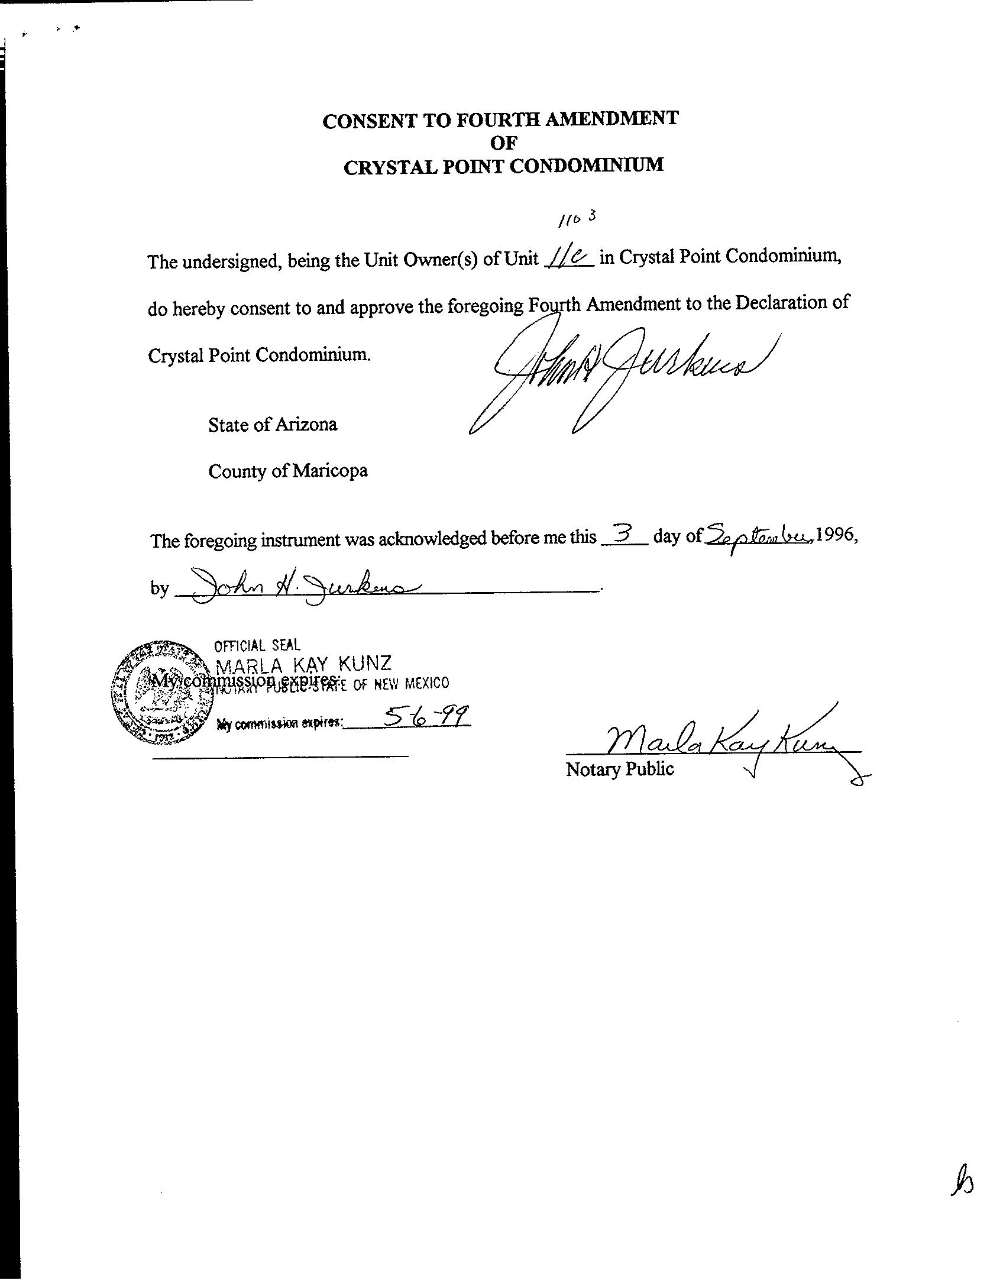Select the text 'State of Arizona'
tap(273, 425)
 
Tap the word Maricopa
tap(330, 471)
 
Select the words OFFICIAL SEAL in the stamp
tap(257, 645)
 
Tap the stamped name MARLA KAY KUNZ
tap(302, 665)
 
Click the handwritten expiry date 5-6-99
tap(426, 717)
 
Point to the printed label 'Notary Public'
tap(620, 769)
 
